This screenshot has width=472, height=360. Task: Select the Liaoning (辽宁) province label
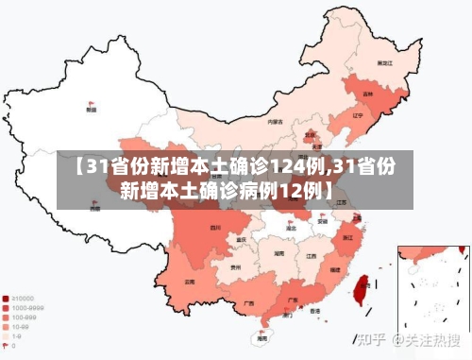tap(358, 115)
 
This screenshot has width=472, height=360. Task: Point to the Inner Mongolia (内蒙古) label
tap(275, 122)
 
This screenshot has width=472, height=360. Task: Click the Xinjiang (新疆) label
tap(91, 110)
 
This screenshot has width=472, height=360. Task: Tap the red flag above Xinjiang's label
tap(92, 102)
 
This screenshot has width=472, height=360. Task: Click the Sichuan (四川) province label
tap(215, 228)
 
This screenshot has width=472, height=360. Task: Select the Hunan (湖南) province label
tap(279, 254)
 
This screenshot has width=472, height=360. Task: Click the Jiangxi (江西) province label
tap(311, 255)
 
